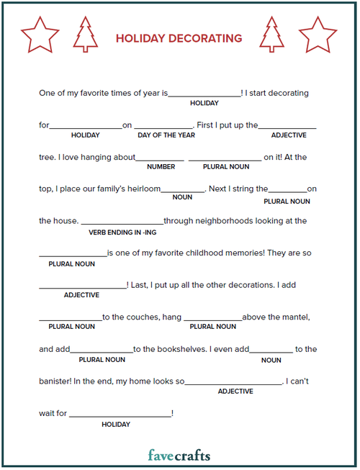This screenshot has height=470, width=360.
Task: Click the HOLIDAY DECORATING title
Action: click(x=179, y=38)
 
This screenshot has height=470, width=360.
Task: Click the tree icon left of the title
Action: click(x=86, y=34)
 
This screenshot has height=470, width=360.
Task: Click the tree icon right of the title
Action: click(x=271, y=34)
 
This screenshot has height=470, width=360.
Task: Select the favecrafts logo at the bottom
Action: click(x=179, y=454)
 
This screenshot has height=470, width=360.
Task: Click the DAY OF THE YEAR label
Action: click(x=166, y=135)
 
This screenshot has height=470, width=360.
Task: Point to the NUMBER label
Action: click(x=161, y=166)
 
